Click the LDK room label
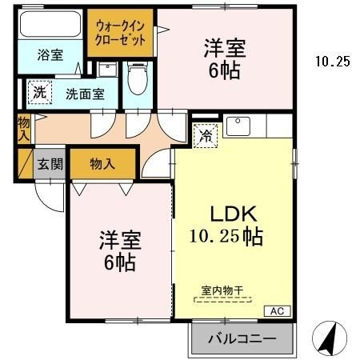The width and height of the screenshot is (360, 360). (232, 214)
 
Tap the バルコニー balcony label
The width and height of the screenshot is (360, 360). (242, 339)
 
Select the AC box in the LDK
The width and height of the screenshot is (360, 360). (277, 310)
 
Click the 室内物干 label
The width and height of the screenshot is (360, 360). (222, 292)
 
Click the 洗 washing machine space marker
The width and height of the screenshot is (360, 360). (38, 92)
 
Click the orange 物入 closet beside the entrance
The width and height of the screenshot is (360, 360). (102, 164)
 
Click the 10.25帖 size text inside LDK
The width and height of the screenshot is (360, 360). (226, 237)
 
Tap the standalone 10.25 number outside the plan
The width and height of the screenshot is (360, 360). (332, 61)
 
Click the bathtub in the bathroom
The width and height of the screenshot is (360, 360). (50, 26)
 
